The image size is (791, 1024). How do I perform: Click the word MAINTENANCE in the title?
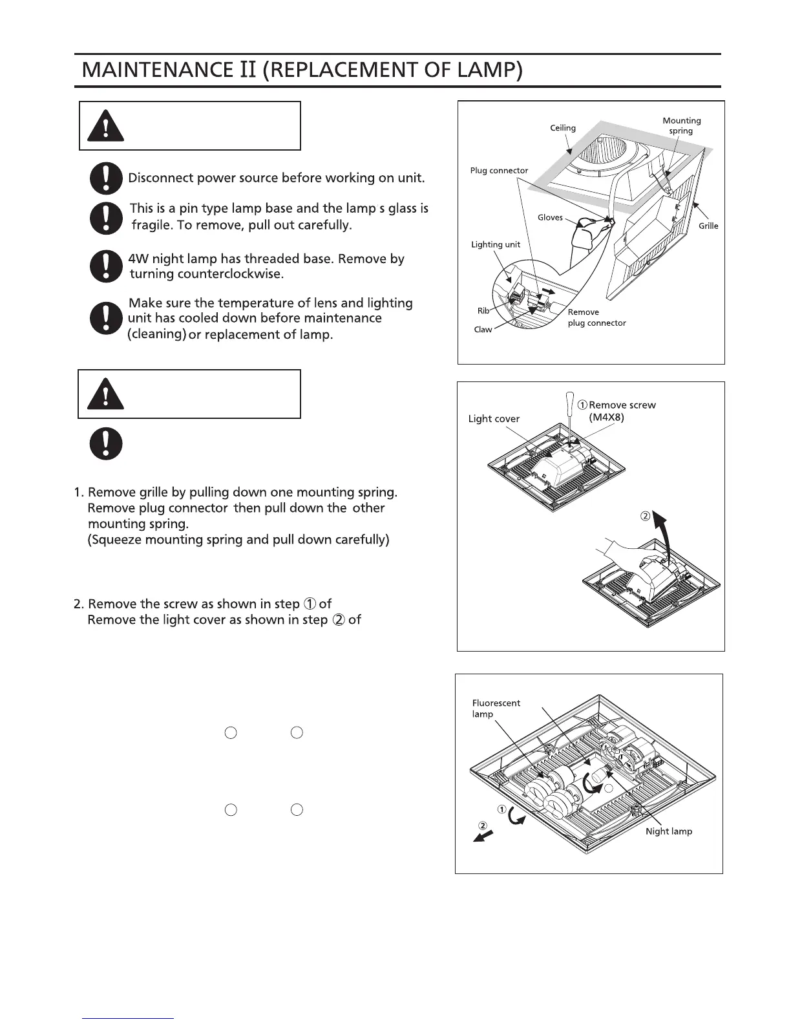point(153,69)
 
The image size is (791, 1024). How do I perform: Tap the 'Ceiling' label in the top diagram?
point(562,128)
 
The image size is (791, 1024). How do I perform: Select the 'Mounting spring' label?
point(681,125)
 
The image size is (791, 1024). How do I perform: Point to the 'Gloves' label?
point(550,218)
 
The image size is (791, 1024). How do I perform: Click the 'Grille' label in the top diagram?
point(708,226)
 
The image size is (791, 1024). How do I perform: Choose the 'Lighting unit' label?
point(495,244)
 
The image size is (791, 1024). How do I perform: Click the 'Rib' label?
point(483,311)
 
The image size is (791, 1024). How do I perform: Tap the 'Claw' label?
point(483,330)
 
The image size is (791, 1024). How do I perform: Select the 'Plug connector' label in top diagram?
point(498,171)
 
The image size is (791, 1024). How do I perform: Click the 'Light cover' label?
point(494,419)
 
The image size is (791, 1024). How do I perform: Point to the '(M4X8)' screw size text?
point(606,418)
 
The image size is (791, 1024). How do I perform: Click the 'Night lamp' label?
point(668,831)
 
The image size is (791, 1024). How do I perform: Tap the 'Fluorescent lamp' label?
point(496,709)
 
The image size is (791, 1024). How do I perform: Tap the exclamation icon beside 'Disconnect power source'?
point(106,178)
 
